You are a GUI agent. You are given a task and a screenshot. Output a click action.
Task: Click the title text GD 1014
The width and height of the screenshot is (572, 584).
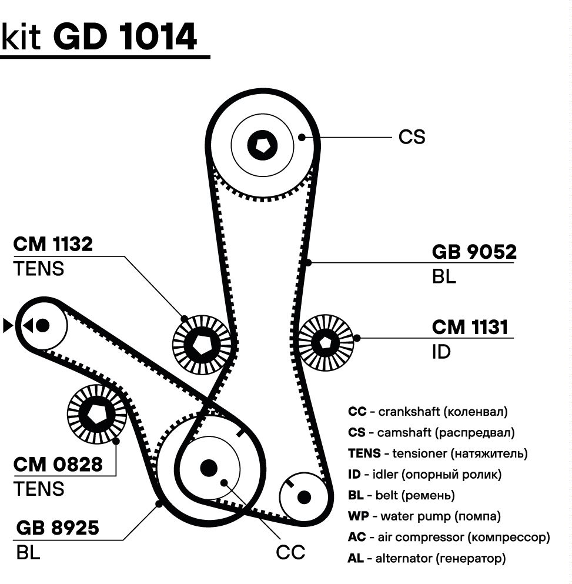coord(125,38)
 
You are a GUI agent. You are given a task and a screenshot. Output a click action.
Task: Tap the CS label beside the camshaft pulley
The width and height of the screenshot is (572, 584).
coord(412,137)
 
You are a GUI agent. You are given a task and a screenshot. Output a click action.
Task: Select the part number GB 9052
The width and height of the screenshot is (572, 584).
coord(474,252)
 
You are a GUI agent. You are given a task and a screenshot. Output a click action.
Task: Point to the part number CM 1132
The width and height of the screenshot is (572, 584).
coord(53,245)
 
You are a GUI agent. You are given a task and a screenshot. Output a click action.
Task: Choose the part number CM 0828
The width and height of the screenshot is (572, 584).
coord(58,465)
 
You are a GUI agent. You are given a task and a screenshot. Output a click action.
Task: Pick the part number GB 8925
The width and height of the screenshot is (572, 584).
coord(58,528)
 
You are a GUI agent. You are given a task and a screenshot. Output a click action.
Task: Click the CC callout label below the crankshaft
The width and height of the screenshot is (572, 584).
coord(290,553)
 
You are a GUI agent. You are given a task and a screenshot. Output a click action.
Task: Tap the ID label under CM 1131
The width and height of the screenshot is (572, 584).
coord(441,352)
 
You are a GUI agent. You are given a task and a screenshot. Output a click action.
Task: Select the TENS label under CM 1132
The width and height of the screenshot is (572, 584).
coord(38,269)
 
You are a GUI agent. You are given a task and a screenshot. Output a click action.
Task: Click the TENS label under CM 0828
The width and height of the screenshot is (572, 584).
coord(39,489)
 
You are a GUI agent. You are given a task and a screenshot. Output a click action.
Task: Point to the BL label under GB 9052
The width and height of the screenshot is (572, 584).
coord(444,277)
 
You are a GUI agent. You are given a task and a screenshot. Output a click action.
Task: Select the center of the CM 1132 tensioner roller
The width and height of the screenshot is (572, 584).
coord(201,343)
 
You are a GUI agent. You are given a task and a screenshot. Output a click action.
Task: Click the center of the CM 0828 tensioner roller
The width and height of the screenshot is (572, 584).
coord(96,413)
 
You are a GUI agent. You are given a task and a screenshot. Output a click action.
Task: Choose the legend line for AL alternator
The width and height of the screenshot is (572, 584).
coord(426,558)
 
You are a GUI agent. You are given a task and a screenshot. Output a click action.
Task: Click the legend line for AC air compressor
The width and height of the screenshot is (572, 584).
coord(449,538)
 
